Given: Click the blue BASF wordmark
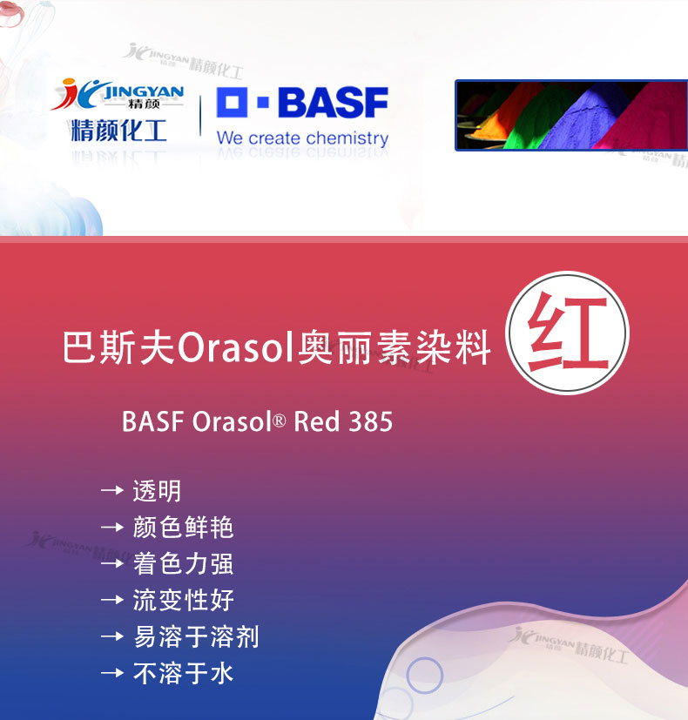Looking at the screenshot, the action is pyautogui.click(x=333, y=102).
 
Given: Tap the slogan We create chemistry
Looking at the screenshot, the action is pyautogui.click(x=302, y=138).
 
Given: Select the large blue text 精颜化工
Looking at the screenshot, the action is pyautogui.click(x=118, y=131).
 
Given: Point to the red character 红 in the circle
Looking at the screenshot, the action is pyautogui.click(x=568, y=332).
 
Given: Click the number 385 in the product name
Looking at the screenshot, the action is pyautogui.click(x=371, y=421).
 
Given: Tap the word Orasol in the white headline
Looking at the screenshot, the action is pyautogui.click(x=236, y=347).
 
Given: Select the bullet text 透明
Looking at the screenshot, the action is pyautogui.click(x=157, y=491).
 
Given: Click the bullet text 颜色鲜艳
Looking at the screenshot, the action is pyautogui.click(x=183, y=527).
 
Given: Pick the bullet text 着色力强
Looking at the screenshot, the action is pyautogui.click(x=183, y=563).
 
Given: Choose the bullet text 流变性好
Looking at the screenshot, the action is pyautogui.click(x=183, y=600).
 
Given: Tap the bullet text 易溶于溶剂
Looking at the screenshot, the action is pyautogui.click(x=196, y=636).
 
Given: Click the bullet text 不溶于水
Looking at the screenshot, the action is pyautogui.click(x=183, y=673).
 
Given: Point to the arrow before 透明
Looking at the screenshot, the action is pyautogui.click(x=112, y=490).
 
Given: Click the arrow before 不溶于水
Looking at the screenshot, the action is pyautogui.click(x=112, y=673).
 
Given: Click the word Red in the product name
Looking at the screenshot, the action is pyautogui.click(x=317, y=421).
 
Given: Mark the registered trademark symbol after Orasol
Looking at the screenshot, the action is pyautogui.click(x=280, y=420).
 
